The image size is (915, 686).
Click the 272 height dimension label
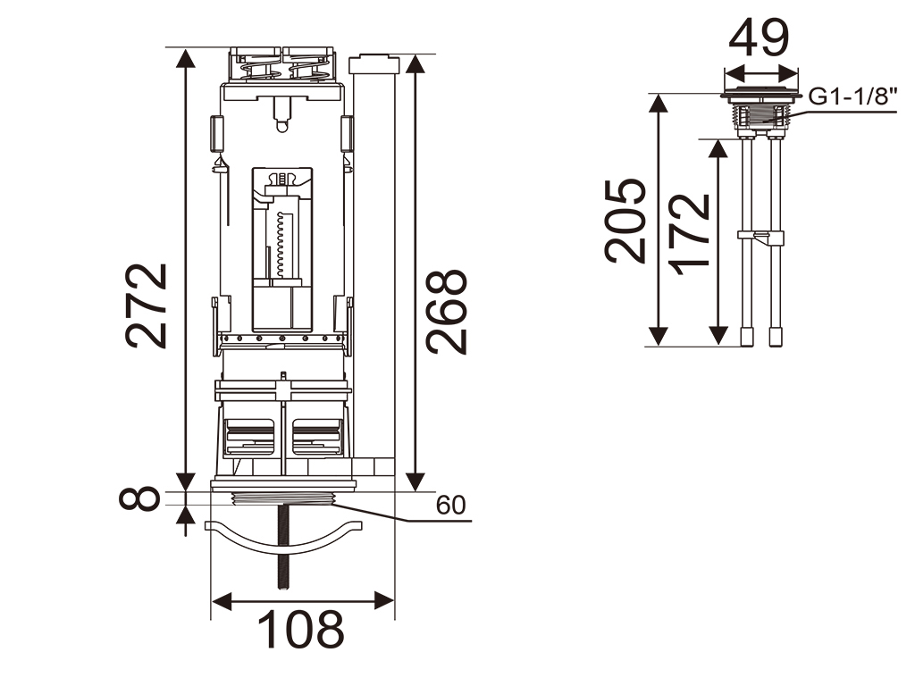(x=147, y=306)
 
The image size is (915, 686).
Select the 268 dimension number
(x=447, y=312)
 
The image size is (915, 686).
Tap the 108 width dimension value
(x=300, y=630)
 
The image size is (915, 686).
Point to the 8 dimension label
(x=139, y=498)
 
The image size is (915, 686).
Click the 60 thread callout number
(x=451, y=506)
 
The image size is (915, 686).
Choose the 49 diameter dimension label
(x=759, y=38)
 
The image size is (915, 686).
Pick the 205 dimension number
(x=625, y=221)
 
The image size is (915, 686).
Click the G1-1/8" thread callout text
(x=852, y=96)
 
